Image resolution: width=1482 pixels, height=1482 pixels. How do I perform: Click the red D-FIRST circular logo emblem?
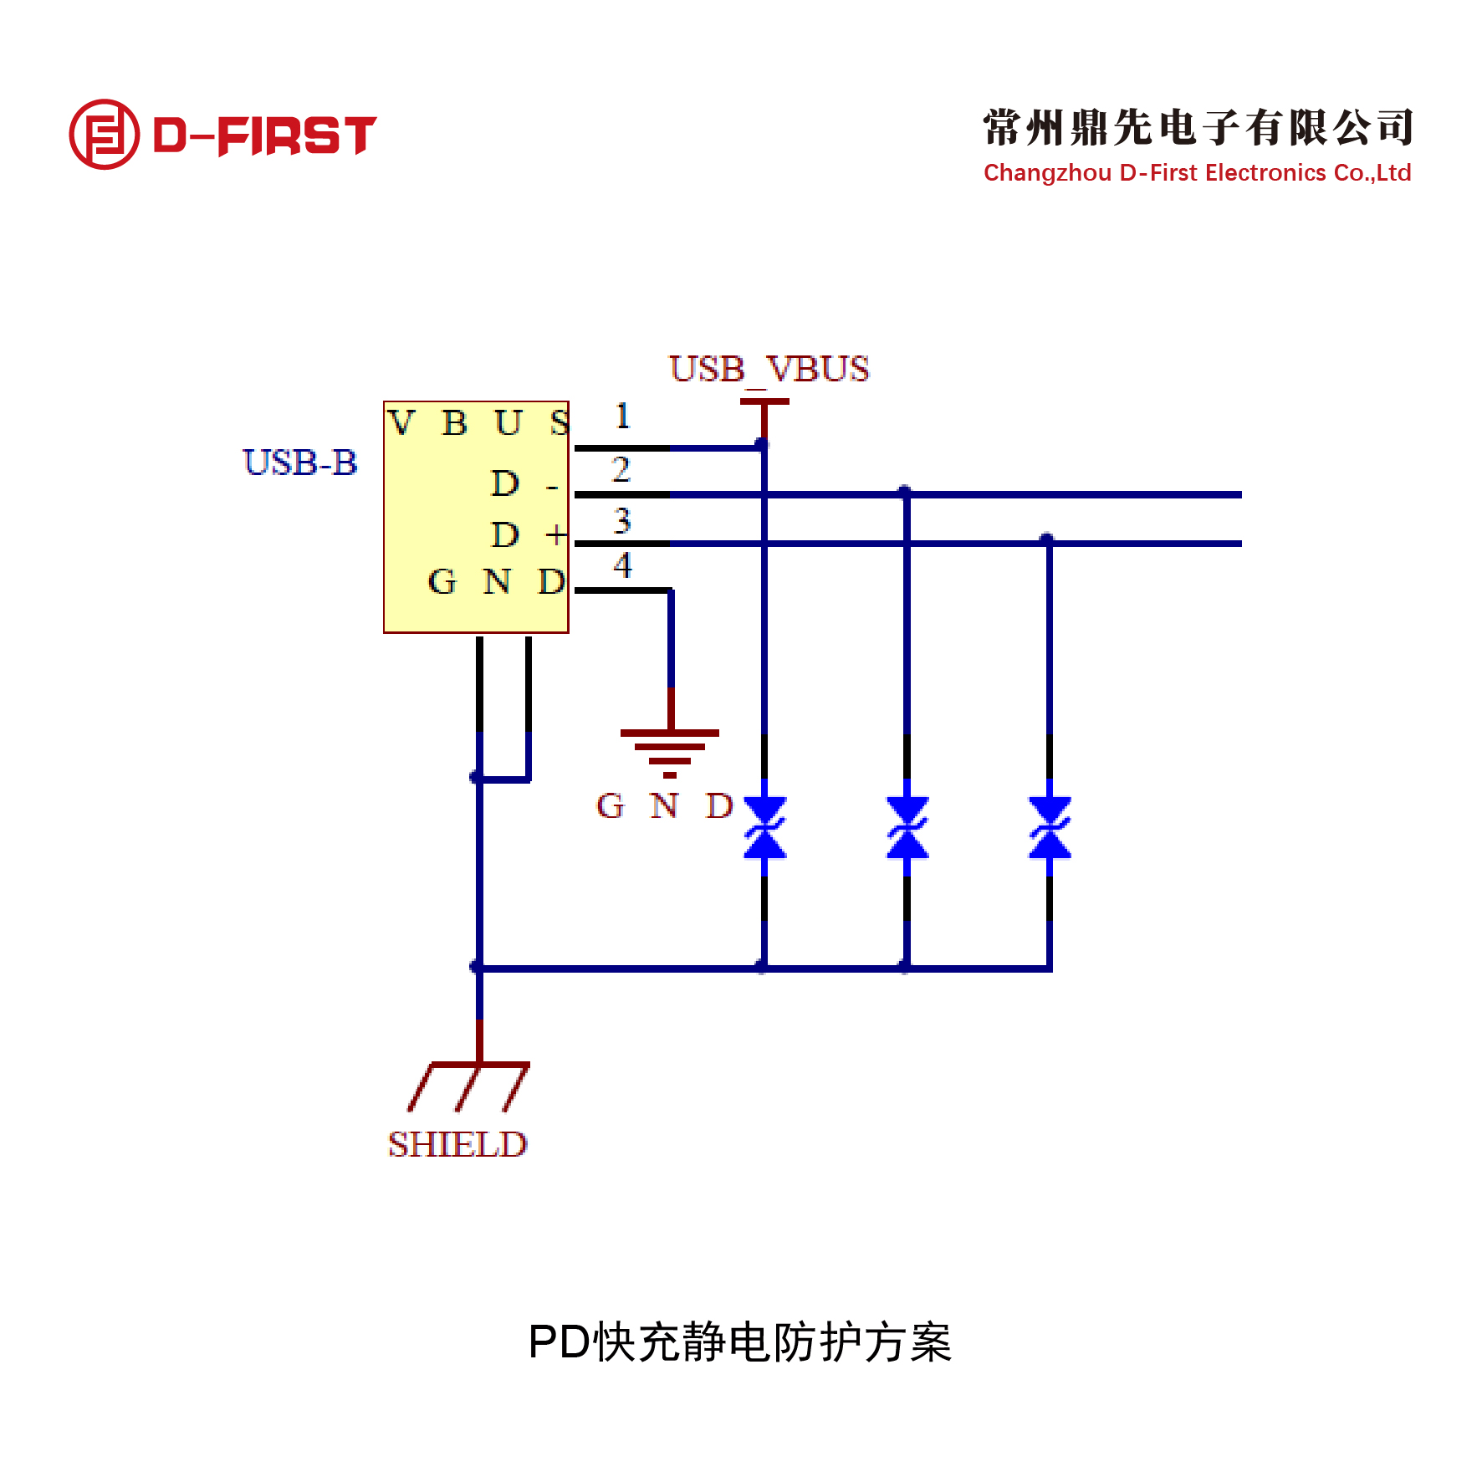[x=104, y=135]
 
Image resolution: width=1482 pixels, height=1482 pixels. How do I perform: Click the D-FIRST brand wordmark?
[x=265, y=135]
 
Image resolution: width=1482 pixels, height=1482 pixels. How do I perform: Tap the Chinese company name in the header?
[x=1198, y=127]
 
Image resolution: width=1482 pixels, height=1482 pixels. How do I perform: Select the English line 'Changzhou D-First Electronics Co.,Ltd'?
[x=1198, y=173]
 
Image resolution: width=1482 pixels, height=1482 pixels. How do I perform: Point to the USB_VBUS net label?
[x=769, y=370]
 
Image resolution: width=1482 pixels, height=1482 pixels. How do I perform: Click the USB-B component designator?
[x=300, y=462]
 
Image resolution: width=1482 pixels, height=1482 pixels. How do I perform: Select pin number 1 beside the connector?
[x=622, y=416]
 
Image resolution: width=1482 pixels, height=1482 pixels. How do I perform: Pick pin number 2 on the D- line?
[x=621, y=469]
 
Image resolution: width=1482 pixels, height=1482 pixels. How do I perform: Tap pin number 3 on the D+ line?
[x=621, y=521]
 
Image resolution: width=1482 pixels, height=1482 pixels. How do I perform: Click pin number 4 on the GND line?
[x=622, y=565]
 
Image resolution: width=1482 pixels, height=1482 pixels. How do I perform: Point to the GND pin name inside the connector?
[x=497, y=581]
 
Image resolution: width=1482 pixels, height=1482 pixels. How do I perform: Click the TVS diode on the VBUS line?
[x=764, y=828]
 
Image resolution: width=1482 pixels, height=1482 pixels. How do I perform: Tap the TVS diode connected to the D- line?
[x=907, y=828]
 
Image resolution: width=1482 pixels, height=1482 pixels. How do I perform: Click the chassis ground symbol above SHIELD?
[x=468, y=1086]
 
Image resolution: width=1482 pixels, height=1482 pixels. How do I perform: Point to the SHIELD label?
[x=457, y=1144]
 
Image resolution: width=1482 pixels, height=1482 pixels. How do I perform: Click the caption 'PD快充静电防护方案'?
[x=740, y=1342]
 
